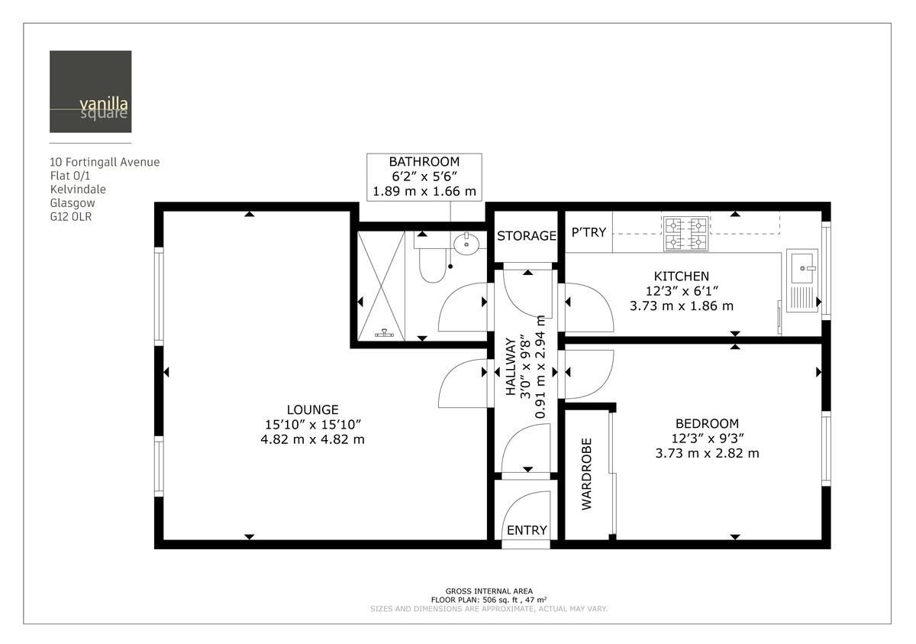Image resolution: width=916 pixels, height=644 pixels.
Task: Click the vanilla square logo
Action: (90, 92)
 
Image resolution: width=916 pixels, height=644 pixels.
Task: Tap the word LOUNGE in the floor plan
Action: (312, 409)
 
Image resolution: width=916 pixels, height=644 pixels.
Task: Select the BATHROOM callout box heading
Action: (424, 162)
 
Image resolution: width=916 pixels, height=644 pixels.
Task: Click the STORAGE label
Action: (526, 235)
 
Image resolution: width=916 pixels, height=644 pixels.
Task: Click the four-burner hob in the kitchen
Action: (685, 235)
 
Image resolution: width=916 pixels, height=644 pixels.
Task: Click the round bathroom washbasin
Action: (466, 244)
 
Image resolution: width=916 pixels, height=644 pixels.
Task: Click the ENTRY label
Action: (527, 531)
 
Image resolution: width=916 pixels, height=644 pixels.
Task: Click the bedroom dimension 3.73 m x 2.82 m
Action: (707, 453)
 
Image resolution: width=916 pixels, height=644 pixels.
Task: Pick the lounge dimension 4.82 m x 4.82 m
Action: (312, 439)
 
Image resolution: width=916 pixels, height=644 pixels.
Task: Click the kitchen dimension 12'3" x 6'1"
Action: (681, 291)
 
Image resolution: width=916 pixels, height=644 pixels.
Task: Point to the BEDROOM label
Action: (707, 423)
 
